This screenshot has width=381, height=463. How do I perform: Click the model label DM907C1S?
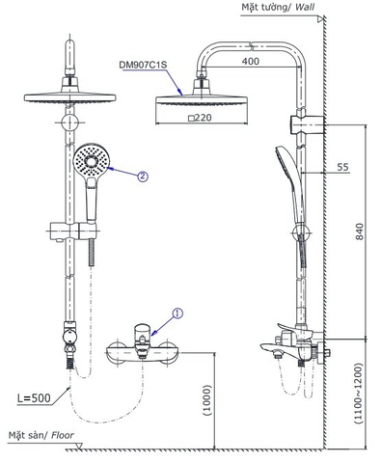144,64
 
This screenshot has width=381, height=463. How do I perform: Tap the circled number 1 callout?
176,312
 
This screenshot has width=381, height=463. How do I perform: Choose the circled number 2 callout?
142,177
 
